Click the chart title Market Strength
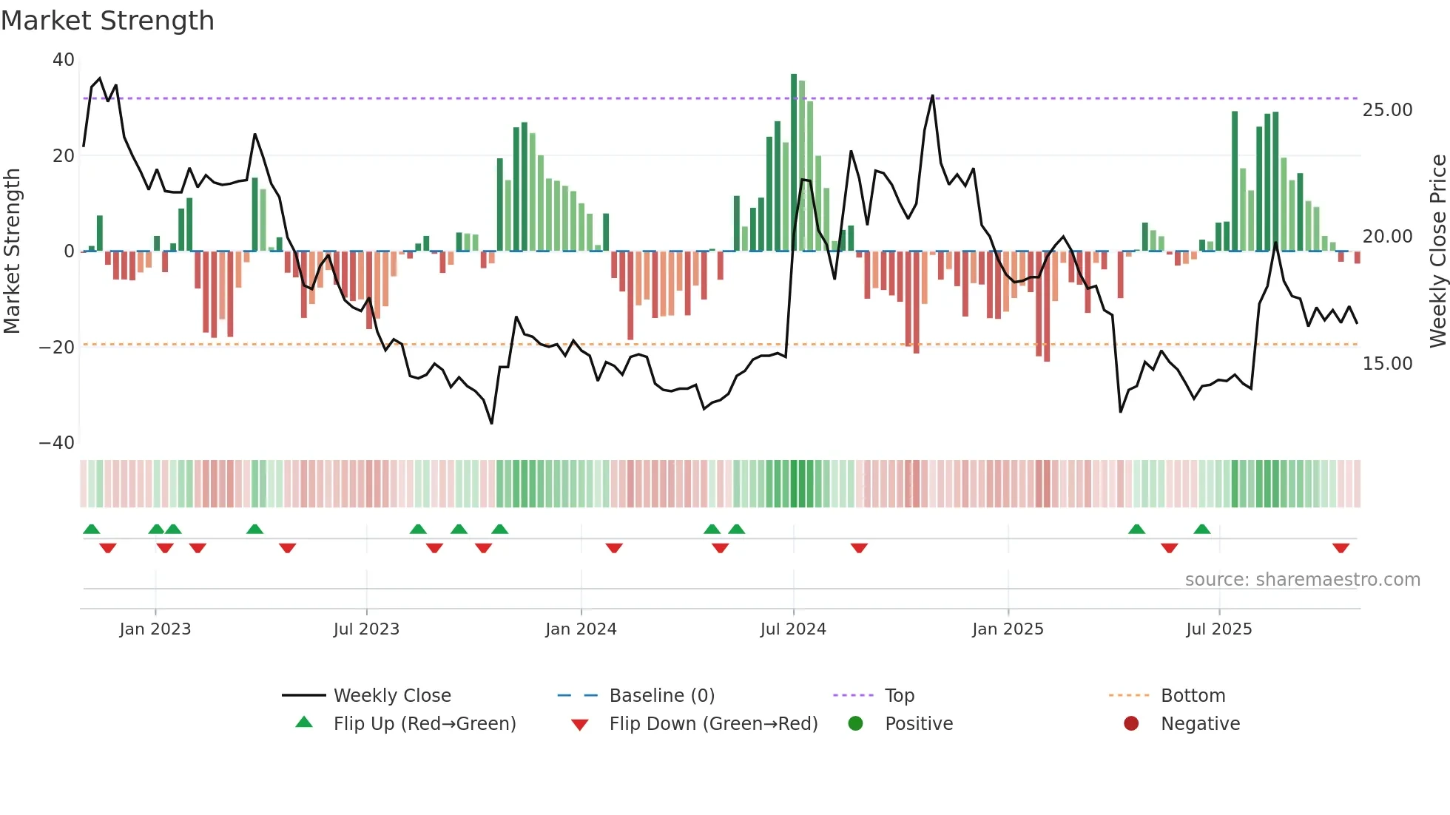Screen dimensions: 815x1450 click(107, 21)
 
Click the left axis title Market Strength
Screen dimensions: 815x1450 click(13, 251)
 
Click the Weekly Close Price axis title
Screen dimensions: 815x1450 click(1437, 251)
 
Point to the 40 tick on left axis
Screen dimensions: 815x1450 click(64, 60)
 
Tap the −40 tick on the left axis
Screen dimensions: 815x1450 click(57, 443)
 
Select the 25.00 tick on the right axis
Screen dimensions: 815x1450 click(1387, 110)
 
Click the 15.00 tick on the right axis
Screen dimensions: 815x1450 click(1387, 364)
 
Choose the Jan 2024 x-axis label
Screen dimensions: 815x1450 click(581, 629)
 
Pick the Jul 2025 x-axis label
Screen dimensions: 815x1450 click(1218, 629)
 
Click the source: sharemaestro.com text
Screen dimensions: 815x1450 click(1302, 580)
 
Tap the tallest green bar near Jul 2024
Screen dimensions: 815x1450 click(794, 163)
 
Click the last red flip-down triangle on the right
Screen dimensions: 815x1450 click(1341, 548)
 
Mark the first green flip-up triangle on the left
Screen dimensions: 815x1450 click(92, 529)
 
